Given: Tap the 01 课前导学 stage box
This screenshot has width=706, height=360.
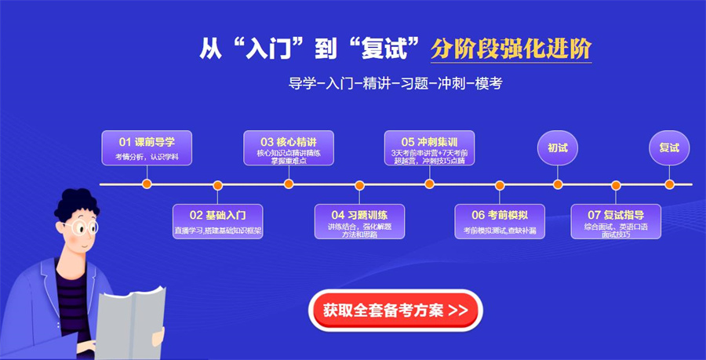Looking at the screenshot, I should (x=147, y=148).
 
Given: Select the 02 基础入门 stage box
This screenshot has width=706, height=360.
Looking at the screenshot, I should (x=217, y=221).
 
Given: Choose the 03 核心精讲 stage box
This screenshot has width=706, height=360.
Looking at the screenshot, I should (x=289, y=148).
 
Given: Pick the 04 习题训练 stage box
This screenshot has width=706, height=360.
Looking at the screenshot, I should (x=359, y=221).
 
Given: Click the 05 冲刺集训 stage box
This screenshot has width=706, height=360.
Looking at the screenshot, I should (x=429, y=148).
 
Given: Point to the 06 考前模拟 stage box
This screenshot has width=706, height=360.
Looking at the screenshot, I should (x=500, y=221).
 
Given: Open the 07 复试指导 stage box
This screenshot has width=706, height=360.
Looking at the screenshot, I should (x=616, y=221).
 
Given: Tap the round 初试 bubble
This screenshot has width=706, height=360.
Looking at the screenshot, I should (x=558, y=147).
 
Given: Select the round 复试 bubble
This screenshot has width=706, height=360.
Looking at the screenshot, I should (x=669, y=147).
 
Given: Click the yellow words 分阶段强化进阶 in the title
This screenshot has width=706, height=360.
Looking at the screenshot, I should (x=511, y=49).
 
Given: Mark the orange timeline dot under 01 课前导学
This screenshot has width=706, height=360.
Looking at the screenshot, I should (x=147, y=184).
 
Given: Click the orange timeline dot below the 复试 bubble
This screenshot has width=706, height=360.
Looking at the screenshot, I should (x=669, y=184).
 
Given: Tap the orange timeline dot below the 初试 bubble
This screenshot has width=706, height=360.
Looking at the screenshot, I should (x=558, y=184).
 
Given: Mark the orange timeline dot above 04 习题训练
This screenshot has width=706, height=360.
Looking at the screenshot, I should (x=359, y=185).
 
